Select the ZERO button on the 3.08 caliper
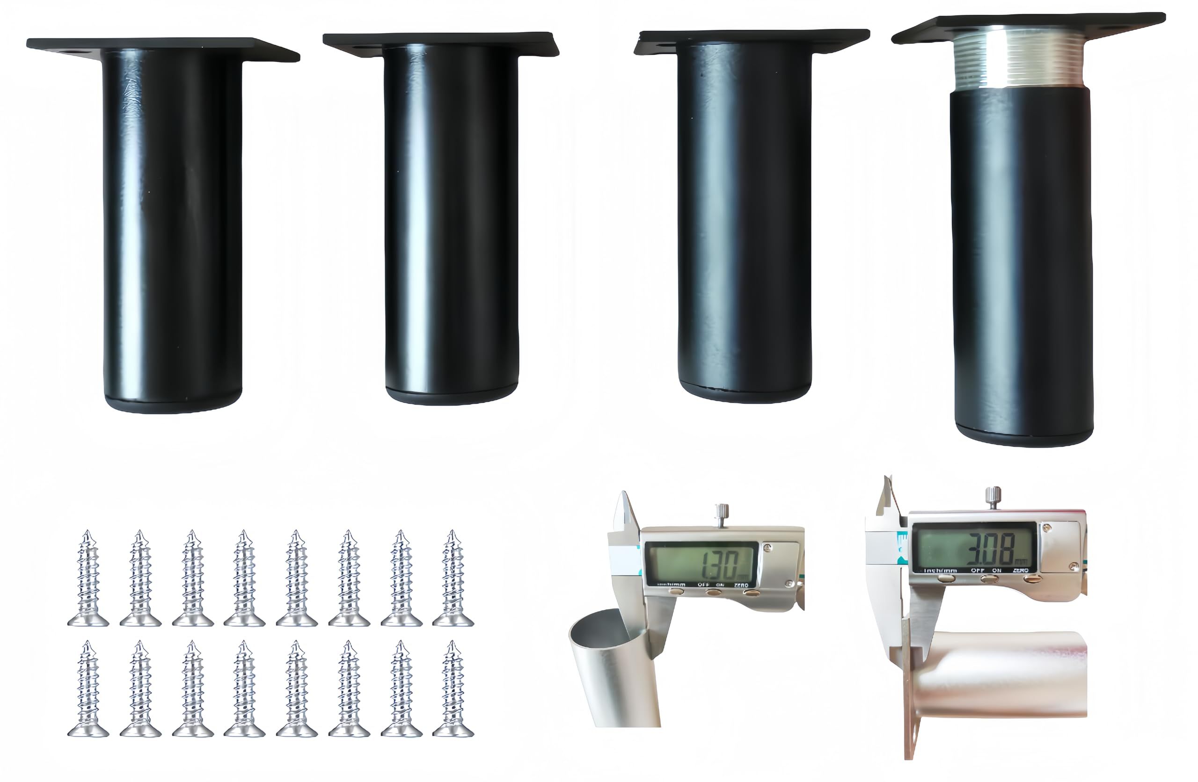[1032, 579]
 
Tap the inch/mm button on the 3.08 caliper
[947, 579]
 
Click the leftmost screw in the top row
[88, 578]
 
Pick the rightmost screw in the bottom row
[453, 689]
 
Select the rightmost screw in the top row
[453, 578]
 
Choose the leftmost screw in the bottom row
[88, 689]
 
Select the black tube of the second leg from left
[451, 217]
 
